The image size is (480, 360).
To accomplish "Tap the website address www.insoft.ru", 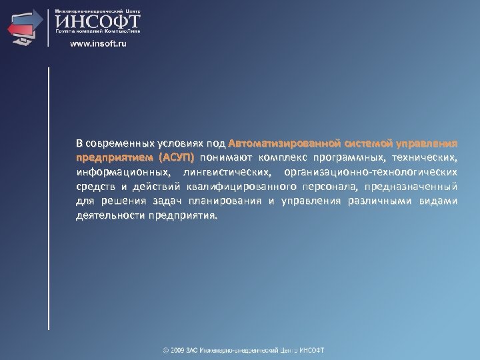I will (x=98, y=44).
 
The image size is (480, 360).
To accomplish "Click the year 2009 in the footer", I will (x=180, y=351).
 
